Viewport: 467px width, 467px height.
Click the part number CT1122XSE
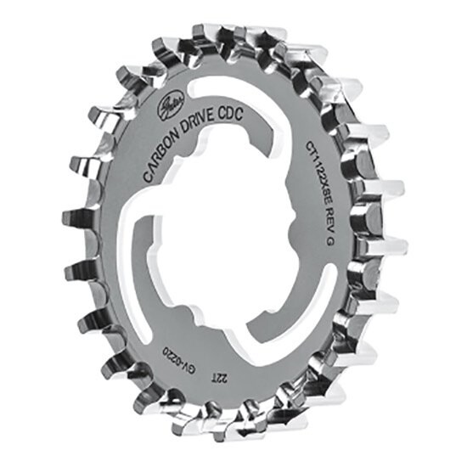(315, 167)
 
